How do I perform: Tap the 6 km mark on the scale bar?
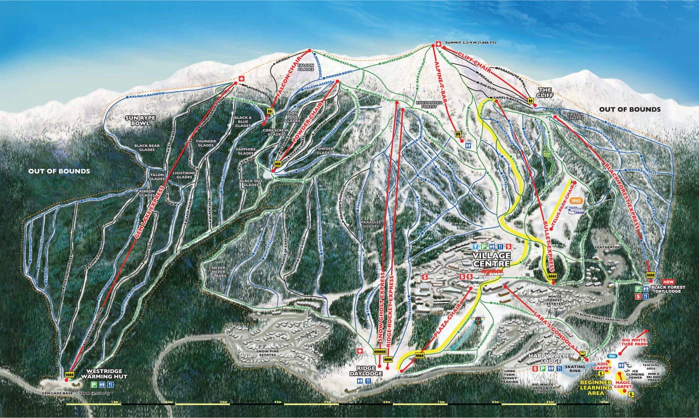[386, 401]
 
